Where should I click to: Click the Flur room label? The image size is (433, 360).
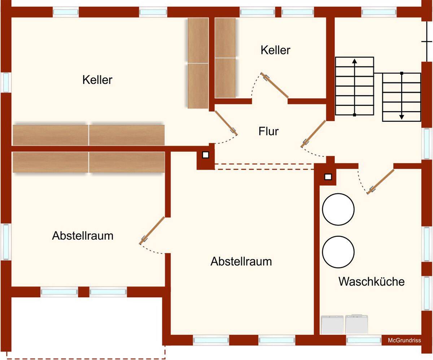[268, 131]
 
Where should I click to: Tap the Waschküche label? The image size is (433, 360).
[371, 281]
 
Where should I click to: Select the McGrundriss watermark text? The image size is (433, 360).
[404, 340]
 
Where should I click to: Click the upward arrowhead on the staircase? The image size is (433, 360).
[354, 61]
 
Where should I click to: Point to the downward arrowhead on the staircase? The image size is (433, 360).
[401, 117]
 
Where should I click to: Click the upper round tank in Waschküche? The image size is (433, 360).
[338, 209]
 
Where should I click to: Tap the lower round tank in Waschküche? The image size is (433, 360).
[338, 252]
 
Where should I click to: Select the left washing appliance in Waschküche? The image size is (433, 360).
[332, 324]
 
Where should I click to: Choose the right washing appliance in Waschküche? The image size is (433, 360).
[357, 324]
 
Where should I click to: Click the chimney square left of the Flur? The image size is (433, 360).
[205, 155]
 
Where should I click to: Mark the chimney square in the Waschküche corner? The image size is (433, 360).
[328, 177]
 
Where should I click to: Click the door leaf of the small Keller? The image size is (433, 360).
[276, 86]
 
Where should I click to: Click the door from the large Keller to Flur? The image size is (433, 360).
[226, 122]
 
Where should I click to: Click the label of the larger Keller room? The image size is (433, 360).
[97, 79]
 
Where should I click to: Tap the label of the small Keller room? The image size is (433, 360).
[275, 50]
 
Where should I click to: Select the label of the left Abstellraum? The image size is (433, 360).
[83, 236]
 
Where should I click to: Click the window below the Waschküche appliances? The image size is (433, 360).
[364, 340]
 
